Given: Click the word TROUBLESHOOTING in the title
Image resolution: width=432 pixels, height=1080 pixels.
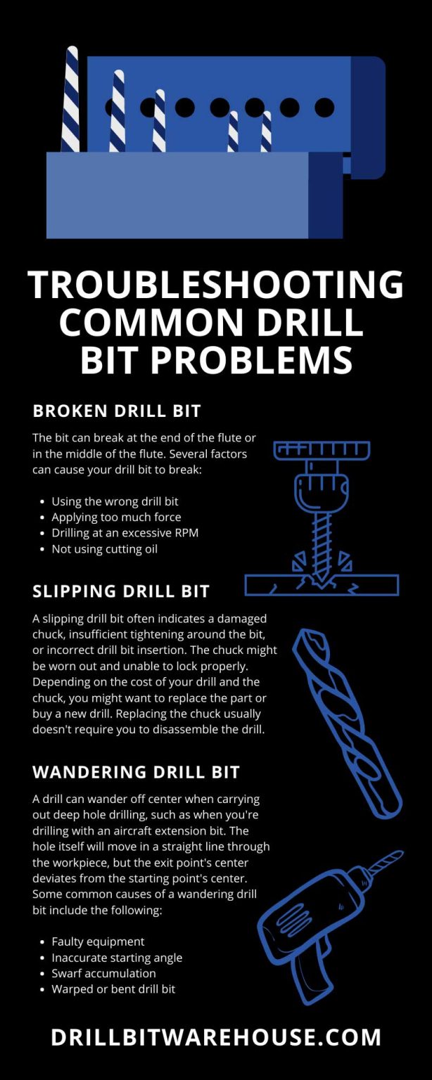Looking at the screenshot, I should tap(215, 285).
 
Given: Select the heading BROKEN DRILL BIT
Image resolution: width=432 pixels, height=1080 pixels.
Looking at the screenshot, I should tap(116, 411).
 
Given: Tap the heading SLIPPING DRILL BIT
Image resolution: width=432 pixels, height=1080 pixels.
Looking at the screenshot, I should tap(121, 591).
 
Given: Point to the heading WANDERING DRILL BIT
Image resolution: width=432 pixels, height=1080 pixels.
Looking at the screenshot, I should tap(136, 772).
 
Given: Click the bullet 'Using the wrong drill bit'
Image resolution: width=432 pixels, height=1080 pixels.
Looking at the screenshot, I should tap(115, 501).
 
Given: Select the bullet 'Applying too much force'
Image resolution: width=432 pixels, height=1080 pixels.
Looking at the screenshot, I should tap(116, 517).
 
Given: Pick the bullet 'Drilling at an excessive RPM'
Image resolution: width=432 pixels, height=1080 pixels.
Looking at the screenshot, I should tap(125, 533).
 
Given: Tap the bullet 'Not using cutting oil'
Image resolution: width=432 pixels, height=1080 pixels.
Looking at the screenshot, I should tap(104, 549).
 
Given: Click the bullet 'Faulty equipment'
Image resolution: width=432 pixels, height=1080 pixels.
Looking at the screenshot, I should tap(98, 941).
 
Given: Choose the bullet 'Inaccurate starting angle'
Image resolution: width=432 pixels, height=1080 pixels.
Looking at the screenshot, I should tap(117, 958).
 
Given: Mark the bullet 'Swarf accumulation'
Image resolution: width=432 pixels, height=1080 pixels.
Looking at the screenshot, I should tap(103, 973).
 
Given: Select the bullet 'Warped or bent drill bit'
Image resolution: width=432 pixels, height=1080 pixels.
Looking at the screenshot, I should tap(113, 989).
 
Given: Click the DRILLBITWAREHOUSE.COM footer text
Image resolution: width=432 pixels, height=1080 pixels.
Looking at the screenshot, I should tap(215, 1037).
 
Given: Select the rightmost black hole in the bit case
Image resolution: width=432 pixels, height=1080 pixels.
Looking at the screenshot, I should tap(324, 108).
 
